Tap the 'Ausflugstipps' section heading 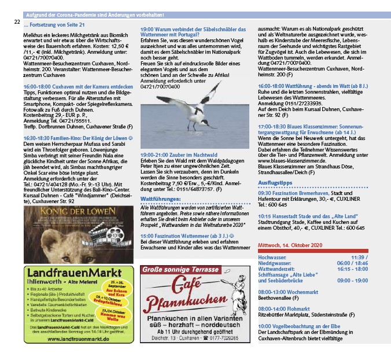278,183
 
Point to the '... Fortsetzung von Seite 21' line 55,25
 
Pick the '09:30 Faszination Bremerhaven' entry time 264,192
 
